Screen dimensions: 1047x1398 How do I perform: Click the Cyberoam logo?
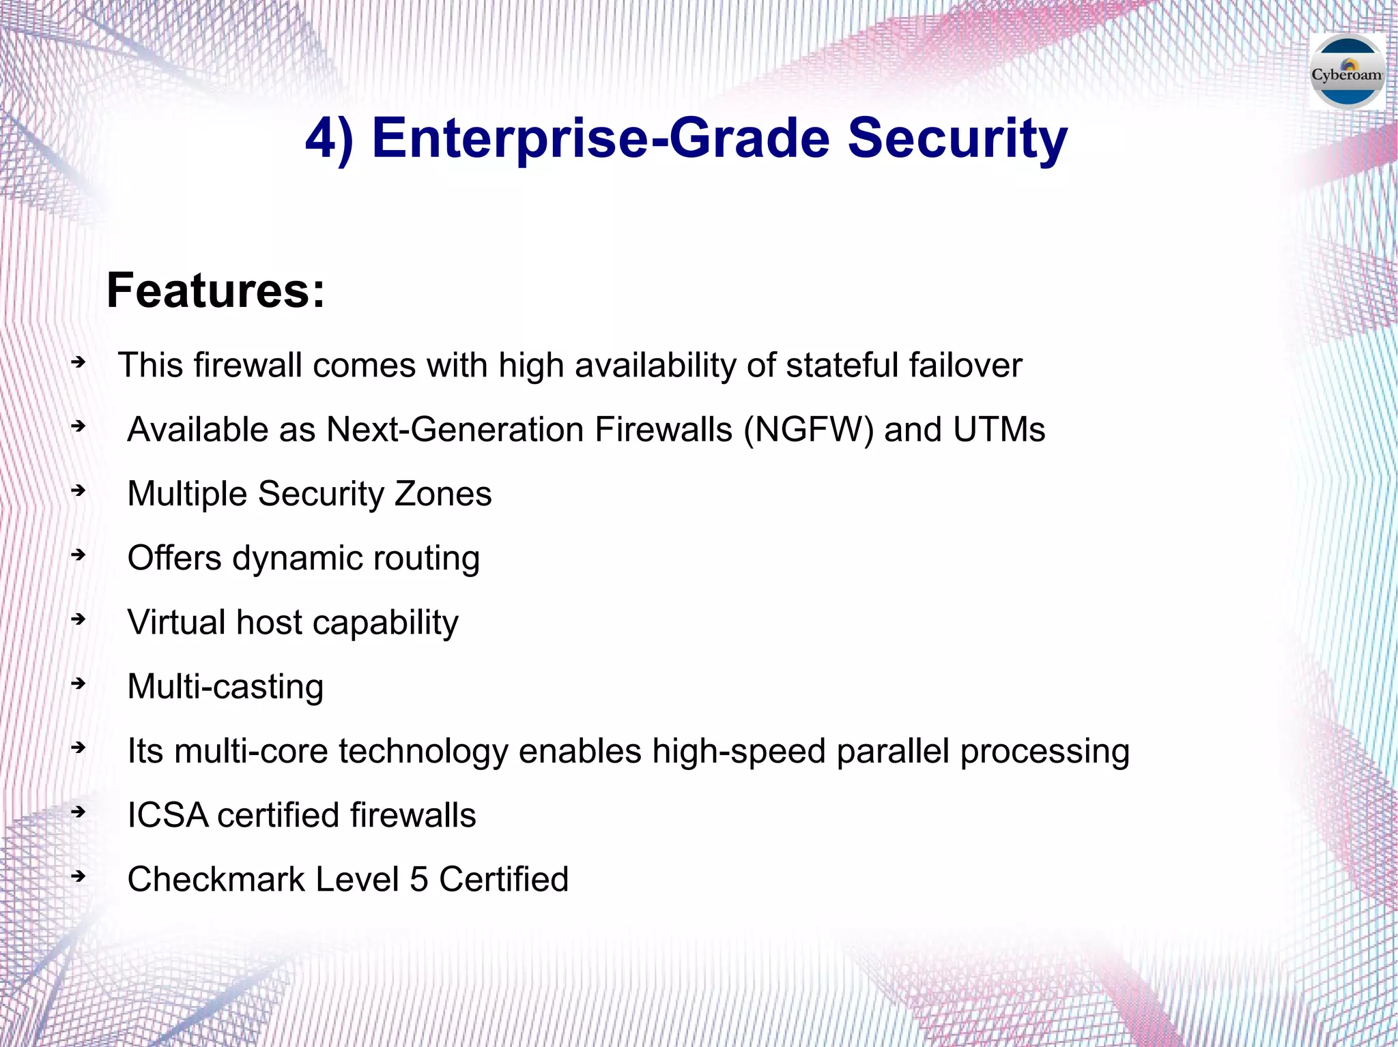[1347, 73]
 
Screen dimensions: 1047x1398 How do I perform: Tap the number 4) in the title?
[330, 138]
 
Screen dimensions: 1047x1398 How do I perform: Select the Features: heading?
[216, 291]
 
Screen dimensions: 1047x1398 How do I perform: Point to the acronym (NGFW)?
[808, 430]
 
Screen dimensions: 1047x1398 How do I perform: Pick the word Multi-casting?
[225, 687]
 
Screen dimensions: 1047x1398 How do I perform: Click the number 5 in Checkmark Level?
[418, 879]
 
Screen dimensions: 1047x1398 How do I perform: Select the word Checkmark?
[216, 879]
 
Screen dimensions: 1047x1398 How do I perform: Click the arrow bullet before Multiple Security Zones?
[79, 490]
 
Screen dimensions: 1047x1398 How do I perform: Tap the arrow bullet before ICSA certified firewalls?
[79, 812]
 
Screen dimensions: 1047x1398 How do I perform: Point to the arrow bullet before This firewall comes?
[79, 362]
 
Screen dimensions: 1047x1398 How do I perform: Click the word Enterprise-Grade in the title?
[601, 138]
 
